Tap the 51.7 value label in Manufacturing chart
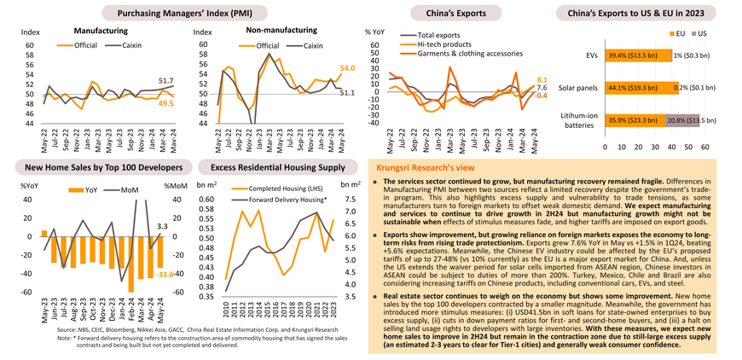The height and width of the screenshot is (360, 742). [x=166, y=79]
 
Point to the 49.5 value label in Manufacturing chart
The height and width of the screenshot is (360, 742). [x=166, y=103]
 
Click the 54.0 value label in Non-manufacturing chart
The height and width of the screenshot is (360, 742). [x=347, y=67]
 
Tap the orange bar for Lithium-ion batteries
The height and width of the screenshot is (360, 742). [x=635, y=120]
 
